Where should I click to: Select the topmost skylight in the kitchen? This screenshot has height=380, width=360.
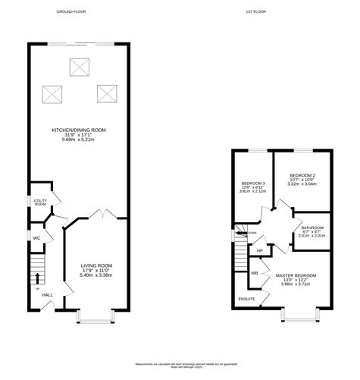pyautogui.click(x=79, y=68)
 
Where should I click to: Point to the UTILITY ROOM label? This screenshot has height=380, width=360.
pyautogui.click(x=41, y=203)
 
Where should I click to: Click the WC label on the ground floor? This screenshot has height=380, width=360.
pyautogui.click(x=36, y=237)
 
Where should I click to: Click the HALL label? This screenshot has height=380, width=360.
pyautogui.click(x=46, y=294)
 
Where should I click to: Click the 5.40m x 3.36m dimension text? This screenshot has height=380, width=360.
pyautogui.click(x=97, y=276)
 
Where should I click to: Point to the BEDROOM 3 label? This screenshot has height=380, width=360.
pyautogui.click(x=253, y=184)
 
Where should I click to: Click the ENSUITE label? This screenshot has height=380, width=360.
pyautogui.click(x=247, y=299)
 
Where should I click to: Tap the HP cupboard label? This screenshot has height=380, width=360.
pyautogui.click(x=260, y=250)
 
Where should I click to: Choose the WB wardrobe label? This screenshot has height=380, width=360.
pyautogui.click(x=255, y=272)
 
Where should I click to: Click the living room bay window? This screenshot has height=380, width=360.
pyautogui.click(x=95, y=317)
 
